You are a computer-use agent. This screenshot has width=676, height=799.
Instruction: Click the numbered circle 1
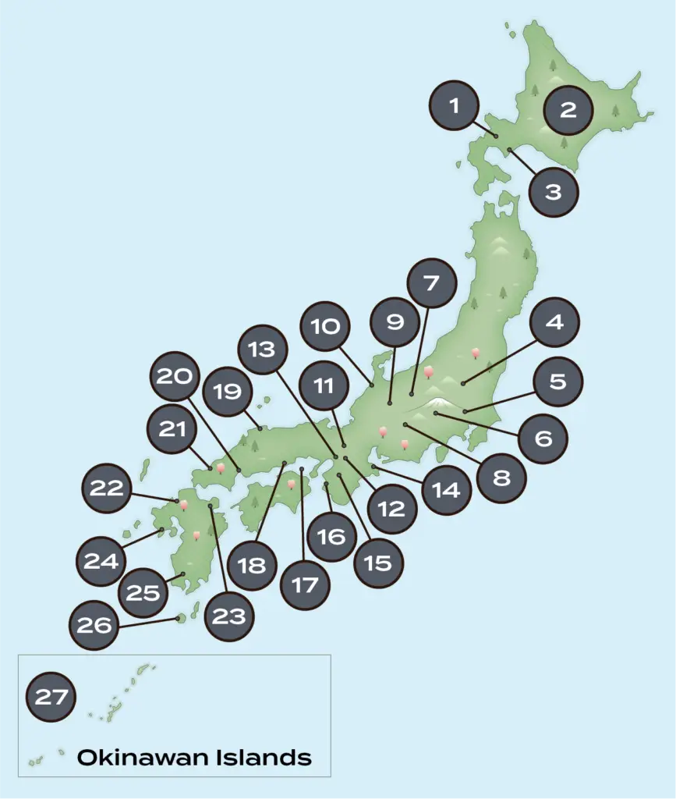(455, 105)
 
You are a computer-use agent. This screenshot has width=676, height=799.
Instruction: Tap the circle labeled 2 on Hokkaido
(568, 110)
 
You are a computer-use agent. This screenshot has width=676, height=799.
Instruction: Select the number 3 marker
(553, 191)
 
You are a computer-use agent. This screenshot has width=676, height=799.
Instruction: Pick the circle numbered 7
(431, 282)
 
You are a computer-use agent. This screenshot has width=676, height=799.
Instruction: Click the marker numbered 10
(325, 326)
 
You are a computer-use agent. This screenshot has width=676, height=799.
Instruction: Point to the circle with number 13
(263, 349)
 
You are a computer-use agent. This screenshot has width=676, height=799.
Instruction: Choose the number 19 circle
(227, 391)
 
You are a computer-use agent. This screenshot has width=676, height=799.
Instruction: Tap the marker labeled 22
(107, 488)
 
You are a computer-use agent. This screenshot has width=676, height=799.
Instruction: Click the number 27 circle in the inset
(51, 696)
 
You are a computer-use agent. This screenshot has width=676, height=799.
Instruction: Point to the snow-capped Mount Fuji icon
(441, 403)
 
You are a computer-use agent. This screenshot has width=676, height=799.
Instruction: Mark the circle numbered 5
(557, 382)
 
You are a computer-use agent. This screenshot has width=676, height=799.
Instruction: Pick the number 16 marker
(331, 537)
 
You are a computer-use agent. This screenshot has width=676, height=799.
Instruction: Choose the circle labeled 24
(101, 559)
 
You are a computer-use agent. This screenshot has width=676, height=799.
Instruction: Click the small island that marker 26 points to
(181, 618)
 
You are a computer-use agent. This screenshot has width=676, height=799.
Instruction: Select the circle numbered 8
(501, 477)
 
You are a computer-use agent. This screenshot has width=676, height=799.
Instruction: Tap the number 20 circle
(175, 377)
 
